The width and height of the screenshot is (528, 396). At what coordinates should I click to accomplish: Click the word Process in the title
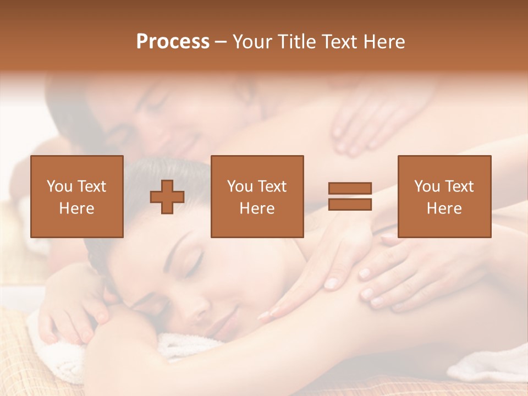click(x=173, y=42)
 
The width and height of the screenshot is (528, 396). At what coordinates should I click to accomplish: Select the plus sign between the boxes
click(x=167, y=196)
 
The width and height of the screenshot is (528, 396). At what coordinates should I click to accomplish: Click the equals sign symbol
click(x=350, y=196)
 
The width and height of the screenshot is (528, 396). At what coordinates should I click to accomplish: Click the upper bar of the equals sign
click(x=350, y=188)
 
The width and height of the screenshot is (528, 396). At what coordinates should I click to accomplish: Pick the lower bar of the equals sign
click(x=350, y=205)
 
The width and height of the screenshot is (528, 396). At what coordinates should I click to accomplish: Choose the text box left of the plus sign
click(x=76, y=196)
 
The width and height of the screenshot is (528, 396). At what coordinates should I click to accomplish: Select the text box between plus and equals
click(x=257, y=196)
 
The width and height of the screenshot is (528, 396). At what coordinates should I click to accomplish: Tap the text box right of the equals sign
click(x=444, y=196)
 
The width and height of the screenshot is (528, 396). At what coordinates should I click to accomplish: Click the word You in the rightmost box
click(x=427, y=186)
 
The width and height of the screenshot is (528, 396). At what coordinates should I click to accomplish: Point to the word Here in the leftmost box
click(x=76, y=208)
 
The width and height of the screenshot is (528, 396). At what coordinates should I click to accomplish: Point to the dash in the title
click(x=221, y=42)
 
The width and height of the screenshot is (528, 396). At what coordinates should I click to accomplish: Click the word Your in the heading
click(x=253, y=42)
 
